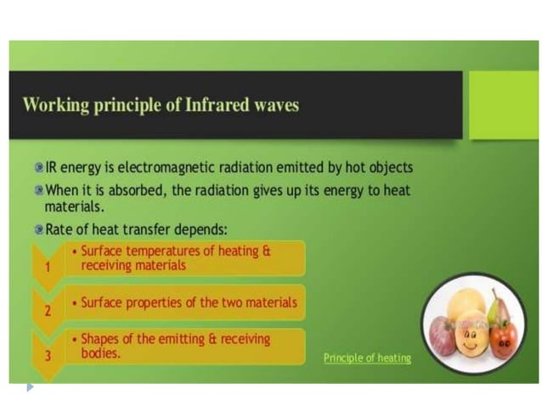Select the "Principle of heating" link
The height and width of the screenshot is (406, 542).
(x=367, y=358)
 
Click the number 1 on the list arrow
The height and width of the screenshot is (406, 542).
(x=48, y=267)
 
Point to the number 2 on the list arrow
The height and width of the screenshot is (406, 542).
(x=48, y=310)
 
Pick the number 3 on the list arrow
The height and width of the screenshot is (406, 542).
(x=48, y=355)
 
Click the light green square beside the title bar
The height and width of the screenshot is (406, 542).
(x=503, y=104)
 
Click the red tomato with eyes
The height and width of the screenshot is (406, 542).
(x=503, y=339)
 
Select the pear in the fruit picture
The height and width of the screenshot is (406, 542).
(x=499, y=307)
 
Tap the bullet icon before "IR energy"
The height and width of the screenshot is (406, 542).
(x=38, y=167)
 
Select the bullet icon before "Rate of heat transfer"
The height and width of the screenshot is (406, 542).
(x=38, y=229)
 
